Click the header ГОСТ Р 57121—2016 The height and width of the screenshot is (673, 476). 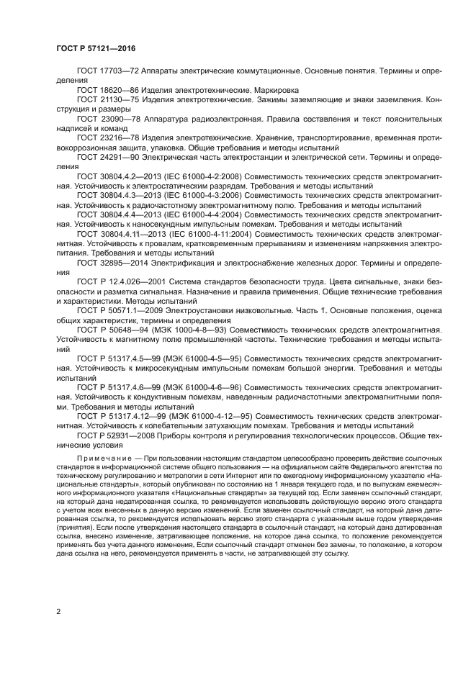(x=96, y=48)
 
